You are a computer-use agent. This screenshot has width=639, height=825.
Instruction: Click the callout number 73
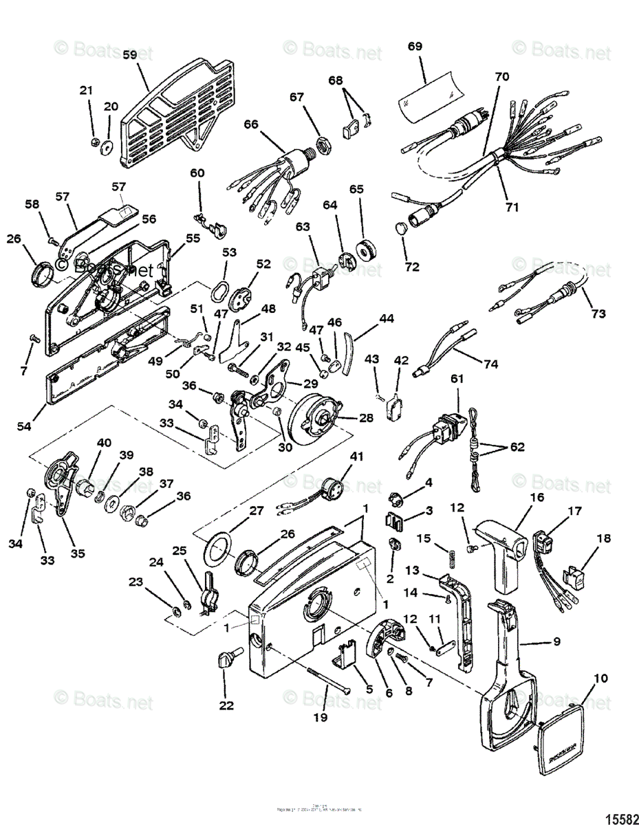click(598, 313)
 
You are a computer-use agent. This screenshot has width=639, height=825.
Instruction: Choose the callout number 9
click(556, 641)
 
